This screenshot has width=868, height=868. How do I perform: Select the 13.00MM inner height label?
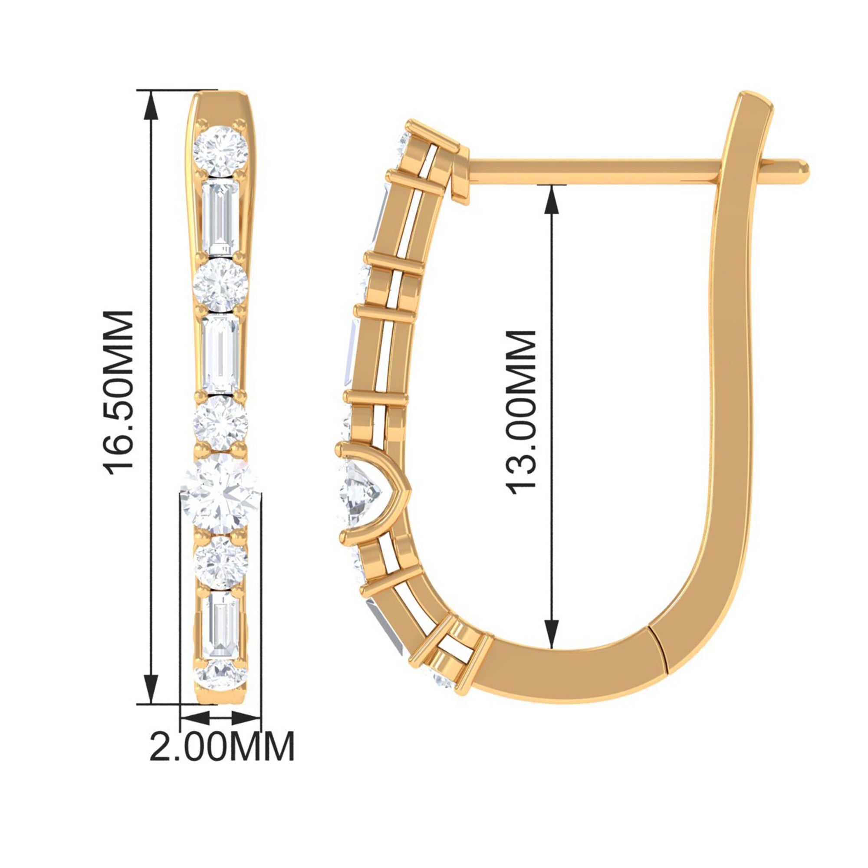click(x=521, y=412)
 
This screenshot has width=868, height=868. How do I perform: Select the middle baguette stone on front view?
click(x=220, y=354)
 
